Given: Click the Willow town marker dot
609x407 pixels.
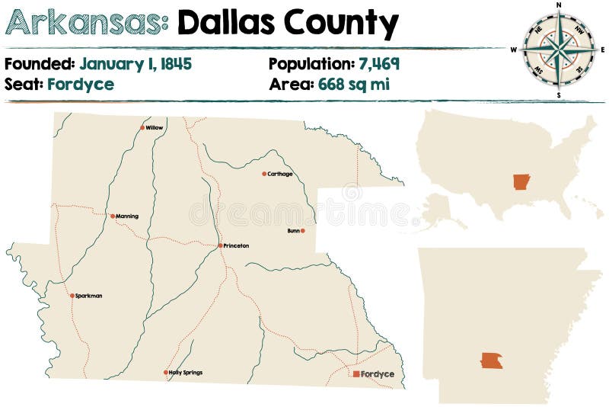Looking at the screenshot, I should (142, 128).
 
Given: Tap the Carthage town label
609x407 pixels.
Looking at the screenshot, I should (280, 174).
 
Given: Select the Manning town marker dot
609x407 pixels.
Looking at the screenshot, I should (113, 216).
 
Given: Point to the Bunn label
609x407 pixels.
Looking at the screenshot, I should (292, 230).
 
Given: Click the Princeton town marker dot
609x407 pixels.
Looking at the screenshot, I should (220, 245).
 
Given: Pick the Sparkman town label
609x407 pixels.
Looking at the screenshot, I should (89, 296).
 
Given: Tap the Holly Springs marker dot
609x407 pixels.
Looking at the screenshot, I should (165, 373).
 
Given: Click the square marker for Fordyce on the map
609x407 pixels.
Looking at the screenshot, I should (356, 374).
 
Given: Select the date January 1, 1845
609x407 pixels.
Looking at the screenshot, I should (136, 63).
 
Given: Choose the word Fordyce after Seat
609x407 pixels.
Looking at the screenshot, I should (81, 84).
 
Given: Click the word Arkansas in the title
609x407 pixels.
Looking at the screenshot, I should (87, 23).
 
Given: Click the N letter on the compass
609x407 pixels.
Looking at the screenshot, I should (559, 5).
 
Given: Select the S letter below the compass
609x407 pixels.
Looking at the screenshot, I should (559, 95).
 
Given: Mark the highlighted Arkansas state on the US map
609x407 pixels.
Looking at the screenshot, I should (521, 182).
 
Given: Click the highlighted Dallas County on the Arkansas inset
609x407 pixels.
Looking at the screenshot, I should (492, 360).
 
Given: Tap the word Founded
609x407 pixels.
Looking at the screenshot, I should (40, 63).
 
